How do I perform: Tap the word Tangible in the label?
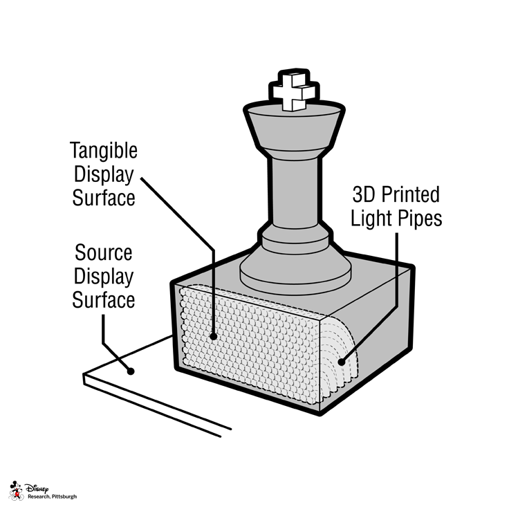(104, 150)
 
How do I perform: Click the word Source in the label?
(104, 252)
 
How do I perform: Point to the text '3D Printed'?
(396, 193)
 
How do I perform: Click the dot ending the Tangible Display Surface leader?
(214, 337)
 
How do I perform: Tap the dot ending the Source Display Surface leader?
(131, 371)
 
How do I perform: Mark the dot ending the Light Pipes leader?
(340, 361)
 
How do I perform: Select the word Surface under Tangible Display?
(104, 198)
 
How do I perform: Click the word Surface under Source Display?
(104, 300)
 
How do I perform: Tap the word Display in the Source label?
(104, 276)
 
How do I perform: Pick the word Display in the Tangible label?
(104, 174)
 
